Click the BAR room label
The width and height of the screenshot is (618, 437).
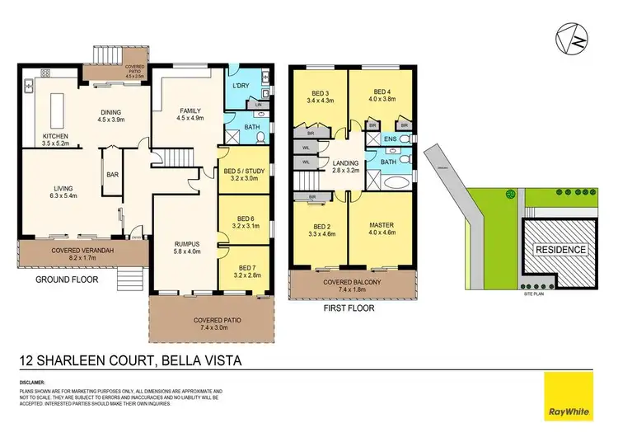click(111, 174)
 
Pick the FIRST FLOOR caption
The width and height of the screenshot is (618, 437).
click(349, 308)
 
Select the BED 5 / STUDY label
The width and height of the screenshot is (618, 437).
click(242, 172)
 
